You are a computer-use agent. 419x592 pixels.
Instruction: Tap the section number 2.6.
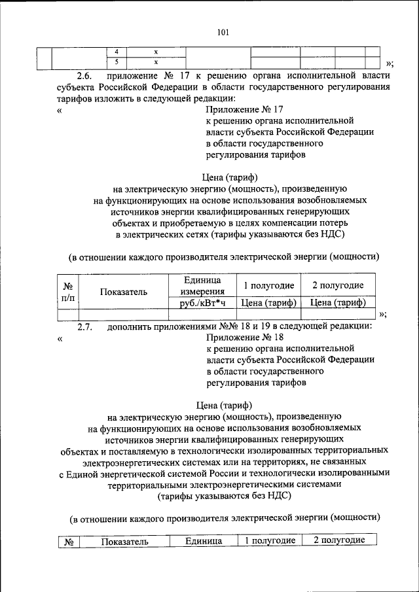86,75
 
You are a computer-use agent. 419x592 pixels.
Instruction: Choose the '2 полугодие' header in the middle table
337,286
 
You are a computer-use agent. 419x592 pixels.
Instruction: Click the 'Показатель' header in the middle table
124,292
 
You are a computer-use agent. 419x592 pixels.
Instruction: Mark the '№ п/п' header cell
67,292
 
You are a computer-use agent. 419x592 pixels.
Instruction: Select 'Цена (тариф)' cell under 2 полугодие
337,303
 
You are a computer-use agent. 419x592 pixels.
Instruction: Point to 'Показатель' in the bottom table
124,542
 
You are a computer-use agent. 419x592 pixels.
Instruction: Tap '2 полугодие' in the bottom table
338,540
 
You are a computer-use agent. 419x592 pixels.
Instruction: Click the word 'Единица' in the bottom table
203,542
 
